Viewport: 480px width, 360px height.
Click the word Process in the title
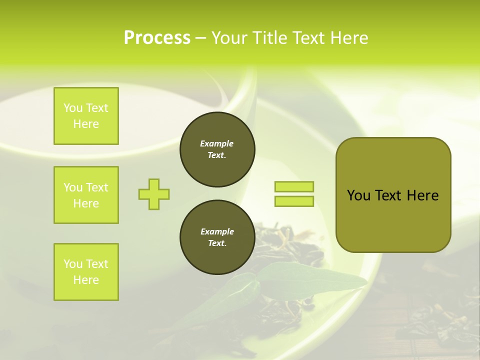157,38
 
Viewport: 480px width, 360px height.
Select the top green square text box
86,116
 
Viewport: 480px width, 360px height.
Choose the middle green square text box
86,195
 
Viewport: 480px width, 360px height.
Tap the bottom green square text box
86,272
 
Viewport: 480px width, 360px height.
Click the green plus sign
154,194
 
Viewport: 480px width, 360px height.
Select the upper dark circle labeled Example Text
217,149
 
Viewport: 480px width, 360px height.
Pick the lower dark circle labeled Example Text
217,237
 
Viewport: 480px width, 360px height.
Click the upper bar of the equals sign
294,187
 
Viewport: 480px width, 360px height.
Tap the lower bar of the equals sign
294,201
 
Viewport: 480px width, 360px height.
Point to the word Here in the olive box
422,195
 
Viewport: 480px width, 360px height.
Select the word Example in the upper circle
217,143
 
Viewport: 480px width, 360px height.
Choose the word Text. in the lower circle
217,243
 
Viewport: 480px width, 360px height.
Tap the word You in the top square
73,108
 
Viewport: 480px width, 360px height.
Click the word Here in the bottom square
86,280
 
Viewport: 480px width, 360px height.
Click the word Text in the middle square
97,187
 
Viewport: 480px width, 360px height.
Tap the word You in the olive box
359,195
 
